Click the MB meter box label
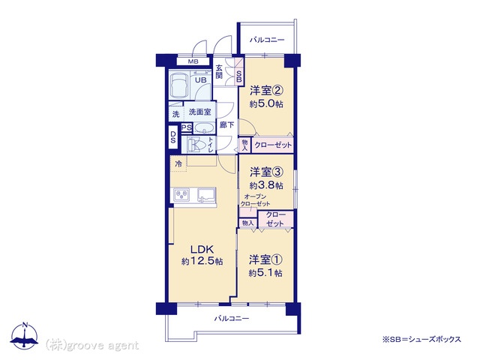pyautogui.click(x=193, y=61)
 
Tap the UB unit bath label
pyautogui.click(x=201, y=80)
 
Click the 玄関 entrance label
pyautogui.click(x=219, y=72)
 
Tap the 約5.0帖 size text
pyautogui.click(x=265, y=104)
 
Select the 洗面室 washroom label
pyautogui.click(x=200, y=112)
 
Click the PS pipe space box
pyautogui.click(x=186, y=127)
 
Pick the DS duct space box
pyautogui.click(x=173, y=137)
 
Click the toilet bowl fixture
pyautogui.click(x=193, y=145)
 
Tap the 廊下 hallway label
pyautogui.click(x=226, y=124)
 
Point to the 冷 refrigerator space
pyautogui.click(x=178, y=163)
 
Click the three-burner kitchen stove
pyautogui.click(x=181, y=195)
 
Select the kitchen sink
pyautogui.click(x=207, y=195)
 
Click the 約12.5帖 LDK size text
pyautogui.click(x=202, y=261)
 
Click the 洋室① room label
pyautogui.click(x=265, y=259)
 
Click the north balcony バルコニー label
pyautogui.click(x=267, y=40)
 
